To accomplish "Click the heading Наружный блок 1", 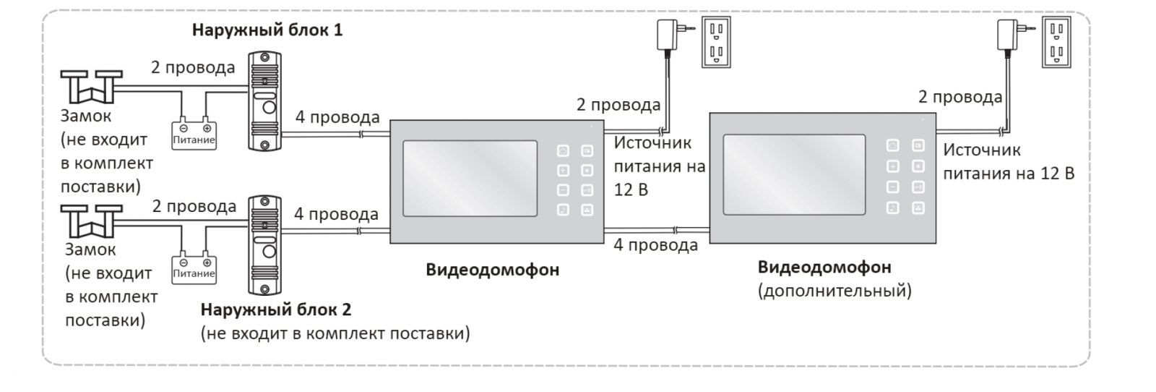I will point(267,30).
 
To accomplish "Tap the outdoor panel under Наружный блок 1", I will point(265,101).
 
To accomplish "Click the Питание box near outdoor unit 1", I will point(194,135).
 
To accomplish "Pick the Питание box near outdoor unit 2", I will point(194,268).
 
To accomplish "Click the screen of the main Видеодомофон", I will point(470,179).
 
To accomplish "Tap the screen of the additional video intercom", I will point(795,174).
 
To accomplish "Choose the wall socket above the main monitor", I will point(716,43).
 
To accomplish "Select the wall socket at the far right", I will point(1056,43).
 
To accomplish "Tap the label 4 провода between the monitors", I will point(655,245).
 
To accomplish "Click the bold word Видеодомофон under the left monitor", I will point(492,270).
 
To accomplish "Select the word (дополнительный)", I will point(834,291).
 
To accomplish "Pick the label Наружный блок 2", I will point(276,310).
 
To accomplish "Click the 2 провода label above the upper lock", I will point(193,67).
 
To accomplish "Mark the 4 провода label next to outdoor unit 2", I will point(336,214).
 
